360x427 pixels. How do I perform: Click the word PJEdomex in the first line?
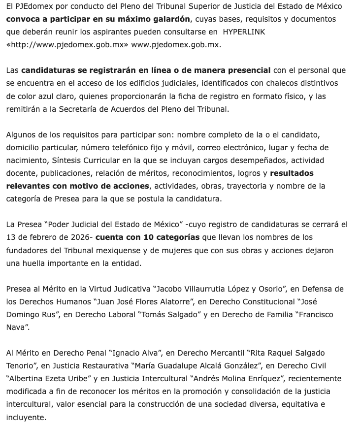point(33,7)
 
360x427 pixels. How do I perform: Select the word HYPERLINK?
point(243,32)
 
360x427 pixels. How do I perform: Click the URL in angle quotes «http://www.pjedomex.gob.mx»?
point(67,45)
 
